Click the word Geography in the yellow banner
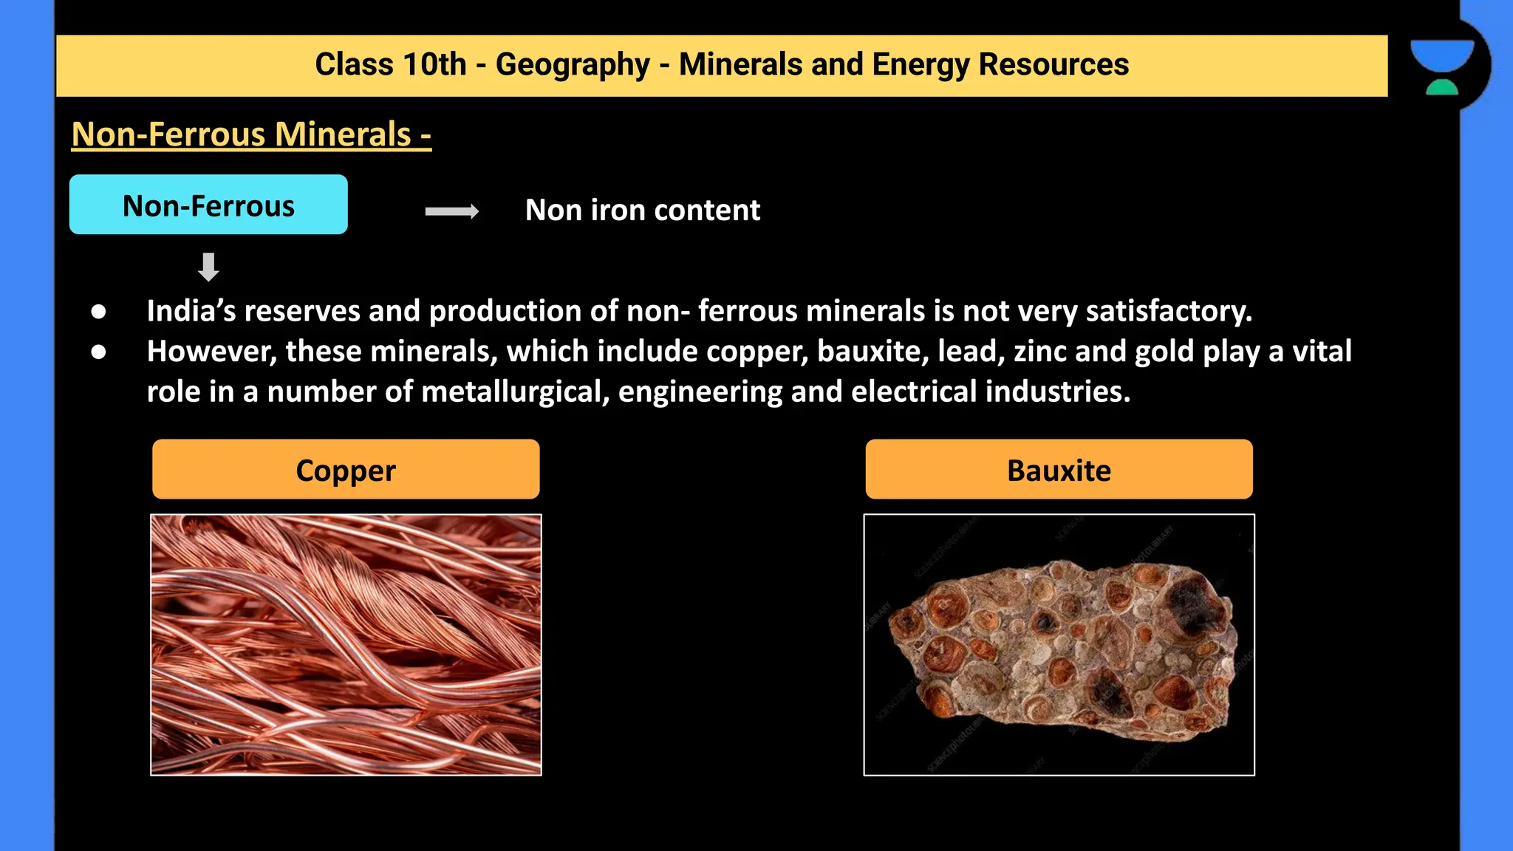[573, 65]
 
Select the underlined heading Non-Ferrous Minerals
[251, 134]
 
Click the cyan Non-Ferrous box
[208, 205]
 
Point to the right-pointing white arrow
[452, 212]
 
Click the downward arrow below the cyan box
[208, 267]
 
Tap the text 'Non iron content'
[642, 211]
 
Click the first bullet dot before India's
[98, 312]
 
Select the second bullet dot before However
[98, 352]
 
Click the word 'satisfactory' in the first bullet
[1168, 311]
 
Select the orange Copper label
[346, 470]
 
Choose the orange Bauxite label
[1059, 470]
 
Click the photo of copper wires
[346, 644]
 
